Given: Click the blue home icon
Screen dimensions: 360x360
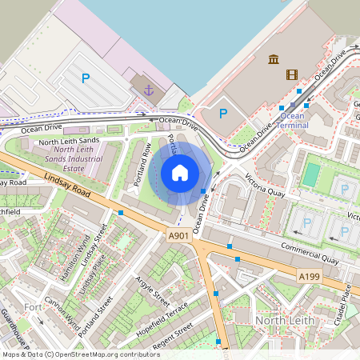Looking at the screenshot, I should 180,173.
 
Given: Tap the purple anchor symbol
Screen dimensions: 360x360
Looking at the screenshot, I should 148,90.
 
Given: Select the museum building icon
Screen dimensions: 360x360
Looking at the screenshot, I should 274,59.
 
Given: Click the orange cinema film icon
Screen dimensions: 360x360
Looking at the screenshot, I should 291,74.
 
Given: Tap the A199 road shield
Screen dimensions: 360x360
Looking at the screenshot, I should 309,276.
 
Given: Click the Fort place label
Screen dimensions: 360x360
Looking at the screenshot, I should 33,307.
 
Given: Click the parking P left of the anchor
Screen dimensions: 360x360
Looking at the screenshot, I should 86,78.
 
